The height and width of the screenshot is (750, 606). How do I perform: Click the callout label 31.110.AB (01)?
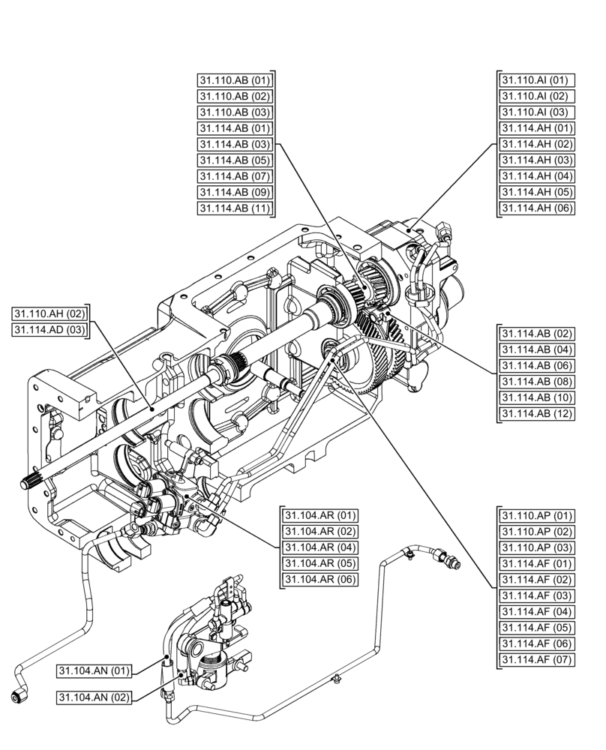click(234, 80)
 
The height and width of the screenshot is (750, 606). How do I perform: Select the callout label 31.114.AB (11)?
click(234, 208)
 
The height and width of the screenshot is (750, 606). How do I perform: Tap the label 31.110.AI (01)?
click(535, 80)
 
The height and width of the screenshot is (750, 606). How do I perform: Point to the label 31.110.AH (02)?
click(49, 313)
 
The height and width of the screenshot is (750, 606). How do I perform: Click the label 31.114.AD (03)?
click(49, 329)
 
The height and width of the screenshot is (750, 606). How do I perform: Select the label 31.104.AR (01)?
click(320, 515)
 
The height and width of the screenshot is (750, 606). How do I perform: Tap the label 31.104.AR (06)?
click(320, 579)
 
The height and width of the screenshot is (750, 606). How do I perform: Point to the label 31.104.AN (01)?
click(94, 670)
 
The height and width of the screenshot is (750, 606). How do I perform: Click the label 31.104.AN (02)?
click(94, 697)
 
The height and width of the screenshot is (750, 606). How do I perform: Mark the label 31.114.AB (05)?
click(234, 160)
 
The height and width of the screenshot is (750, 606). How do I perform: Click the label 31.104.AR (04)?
click(320, 547)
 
